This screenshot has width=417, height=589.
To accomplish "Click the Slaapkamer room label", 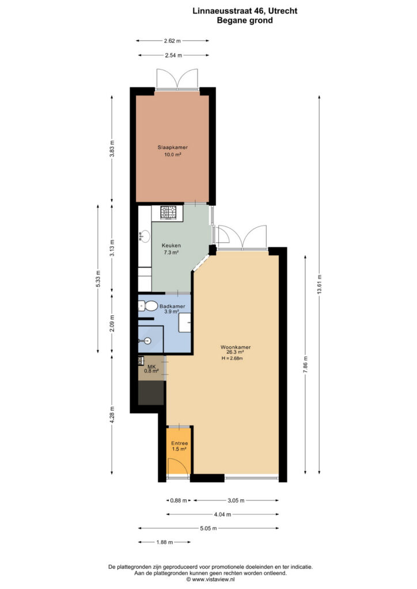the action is click(173, 147).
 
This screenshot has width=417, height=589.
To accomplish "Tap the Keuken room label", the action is click(171, 245).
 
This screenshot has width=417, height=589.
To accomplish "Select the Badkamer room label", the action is click(172, 306).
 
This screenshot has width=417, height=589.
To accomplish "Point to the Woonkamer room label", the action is click(236, 347).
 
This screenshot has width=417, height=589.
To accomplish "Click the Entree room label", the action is click(179, 443).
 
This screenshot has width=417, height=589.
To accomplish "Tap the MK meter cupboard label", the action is click(151, 366).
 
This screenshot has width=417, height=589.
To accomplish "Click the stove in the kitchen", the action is click(168, 213).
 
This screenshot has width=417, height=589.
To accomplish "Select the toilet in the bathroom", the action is click(148, 306).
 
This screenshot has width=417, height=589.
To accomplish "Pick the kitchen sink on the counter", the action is click(145, 236).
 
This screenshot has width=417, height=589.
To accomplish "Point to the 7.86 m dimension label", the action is click(305, 364).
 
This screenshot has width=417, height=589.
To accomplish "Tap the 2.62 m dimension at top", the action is click(172, 41).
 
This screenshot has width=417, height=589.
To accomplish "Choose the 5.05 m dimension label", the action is click(208, 528).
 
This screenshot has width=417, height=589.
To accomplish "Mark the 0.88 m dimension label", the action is click(178, 500).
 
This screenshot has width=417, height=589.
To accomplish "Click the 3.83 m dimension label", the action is click(112, 149).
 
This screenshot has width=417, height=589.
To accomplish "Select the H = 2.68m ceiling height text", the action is click(232, 358).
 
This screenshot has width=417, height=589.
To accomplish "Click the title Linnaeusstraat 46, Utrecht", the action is click(245, 11).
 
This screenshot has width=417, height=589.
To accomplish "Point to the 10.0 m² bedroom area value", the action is click(173, 154).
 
